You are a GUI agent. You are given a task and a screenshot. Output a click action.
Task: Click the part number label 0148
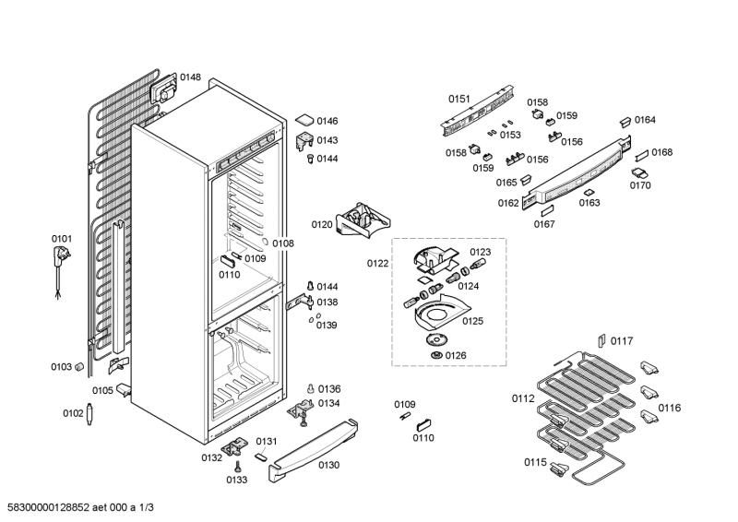pos(190,77)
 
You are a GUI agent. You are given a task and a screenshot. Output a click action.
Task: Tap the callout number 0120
pos(321,224)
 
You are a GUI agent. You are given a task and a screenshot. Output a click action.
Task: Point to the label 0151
pos(459,99)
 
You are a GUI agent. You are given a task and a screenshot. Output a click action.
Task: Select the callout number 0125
pos(472,321)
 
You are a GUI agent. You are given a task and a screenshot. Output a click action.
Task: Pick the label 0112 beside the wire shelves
pos(523,399)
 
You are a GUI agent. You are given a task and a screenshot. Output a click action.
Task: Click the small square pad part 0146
pos(304,121)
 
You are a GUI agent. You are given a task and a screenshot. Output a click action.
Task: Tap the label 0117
pos(623,341)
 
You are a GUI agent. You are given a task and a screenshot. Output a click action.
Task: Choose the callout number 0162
pos(508,203)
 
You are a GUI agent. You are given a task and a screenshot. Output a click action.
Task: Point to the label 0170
pos(640,185)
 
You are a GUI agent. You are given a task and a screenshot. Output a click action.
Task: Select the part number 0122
pos(377,264)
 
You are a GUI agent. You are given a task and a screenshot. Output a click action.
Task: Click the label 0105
pos(102,390)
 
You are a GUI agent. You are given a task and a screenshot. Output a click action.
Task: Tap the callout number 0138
pos(328,302)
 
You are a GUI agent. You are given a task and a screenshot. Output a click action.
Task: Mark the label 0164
pos(645,120)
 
